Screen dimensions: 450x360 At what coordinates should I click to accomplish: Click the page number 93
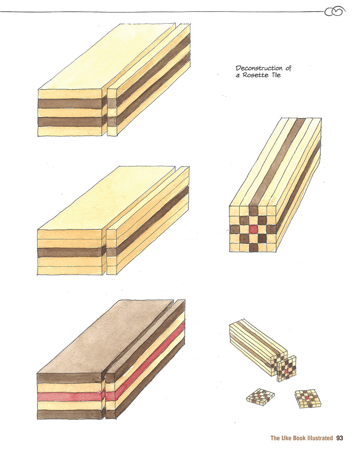[339, 438]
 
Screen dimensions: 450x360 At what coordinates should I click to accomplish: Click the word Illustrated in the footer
[320, 438]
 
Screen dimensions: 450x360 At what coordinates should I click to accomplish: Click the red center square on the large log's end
[253, 229]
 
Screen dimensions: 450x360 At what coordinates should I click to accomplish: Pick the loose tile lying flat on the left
[260, 396]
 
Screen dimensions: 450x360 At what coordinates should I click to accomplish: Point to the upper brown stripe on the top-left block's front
[70, 103]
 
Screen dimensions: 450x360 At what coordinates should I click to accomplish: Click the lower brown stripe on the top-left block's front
[70, 122]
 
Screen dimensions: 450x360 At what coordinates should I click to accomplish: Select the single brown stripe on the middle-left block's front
[70, 252]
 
